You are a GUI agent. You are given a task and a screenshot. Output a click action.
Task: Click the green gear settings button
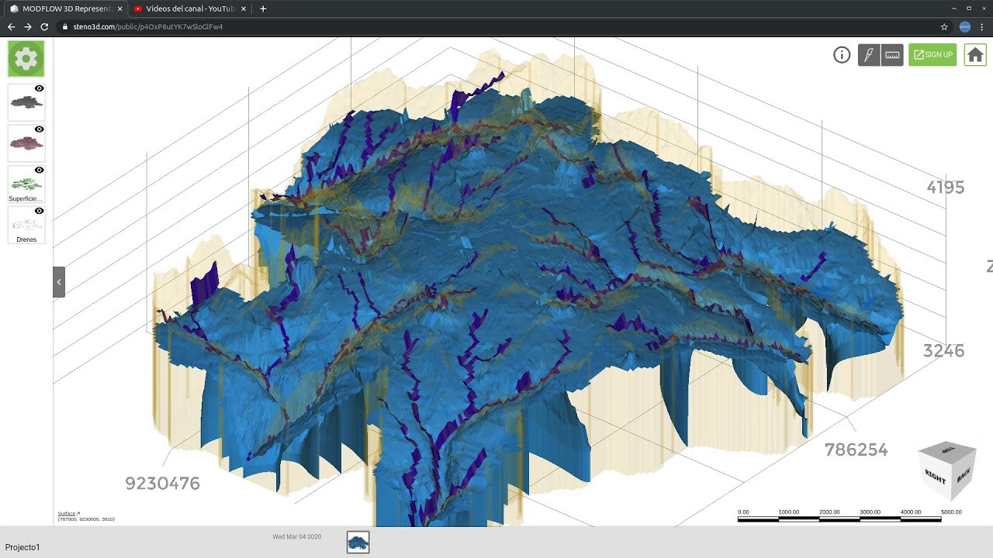tap(26, 59)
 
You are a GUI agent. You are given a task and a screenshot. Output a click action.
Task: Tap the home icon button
tap(975, 55)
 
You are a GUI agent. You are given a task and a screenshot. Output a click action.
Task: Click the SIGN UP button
tap(932, 55)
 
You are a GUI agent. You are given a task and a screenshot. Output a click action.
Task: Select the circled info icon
tap(842, 55)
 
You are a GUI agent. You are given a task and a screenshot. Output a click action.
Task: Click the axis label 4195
tap(946, 188)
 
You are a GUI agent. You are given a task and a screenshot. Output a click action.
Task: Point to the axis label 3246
tap(943, 351)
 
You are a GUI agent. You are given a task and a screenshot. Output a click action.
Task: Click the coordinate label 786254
tap(856, 449)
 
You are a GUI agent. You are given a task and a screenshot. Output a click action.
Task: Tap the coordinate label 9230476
tap(162, 484)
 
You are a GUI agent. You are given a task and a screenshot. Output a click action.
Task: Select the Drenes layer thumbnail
tap(26, 223)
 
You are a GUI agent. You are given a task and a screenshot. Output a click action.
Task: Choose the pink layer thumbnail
tap(26, 143)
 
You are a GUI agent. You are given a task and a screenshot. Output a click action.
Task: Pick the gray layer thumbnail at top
tap(26, 102)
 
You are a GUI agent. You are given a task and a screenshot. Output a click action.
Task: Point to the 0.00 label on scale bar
tap(743, 512)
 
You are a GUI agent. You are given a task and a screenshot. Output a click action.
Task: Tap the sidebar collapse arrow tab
tap(59, 282)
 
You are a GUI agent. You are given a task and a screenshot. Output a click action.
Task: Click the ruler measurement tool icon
tap(892, 55)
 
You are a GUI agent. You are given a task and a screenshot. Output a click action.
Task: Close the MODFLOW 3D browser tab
tap(119, 9)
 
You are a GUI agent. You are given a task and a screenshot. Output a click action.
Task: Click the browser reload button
tap(44, 26)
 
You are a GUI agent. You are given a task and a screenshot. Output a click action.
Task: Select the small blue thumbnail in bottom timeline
tap(358, 542)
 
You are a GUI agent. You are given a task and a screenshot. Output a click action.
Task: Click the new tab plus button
tap(263, 9)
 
